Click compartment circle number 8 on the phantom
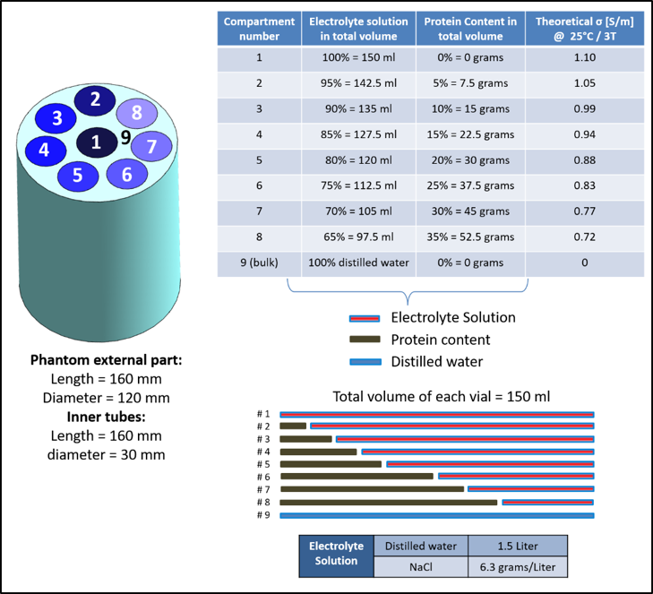pyautogui.click(x=136, y=113)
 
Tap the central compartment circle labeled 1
pyautogui.click(x=96, y=142)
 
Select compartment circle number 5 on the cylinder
pyautogui.click(x=79, y=174)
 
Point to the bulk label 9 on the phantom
pyautogui.click(x=125, y=137)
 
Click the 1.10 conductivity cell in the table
pyautogui.click(x=584, y=58)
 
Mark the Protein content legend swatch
pyautogui.click(x=365, y=340)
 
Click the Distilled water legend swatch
pyautogui.click(x=365, y=361)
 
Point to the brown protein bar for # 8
pyautogui.click(x=389, y=503)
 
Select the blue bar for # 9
pyautogui.click(x=437, y=516)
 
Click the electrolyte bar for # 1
pyautogui.click(x=437, y=415)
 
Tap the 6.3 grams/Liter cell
pyautogui.click(x=517, y=567)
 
